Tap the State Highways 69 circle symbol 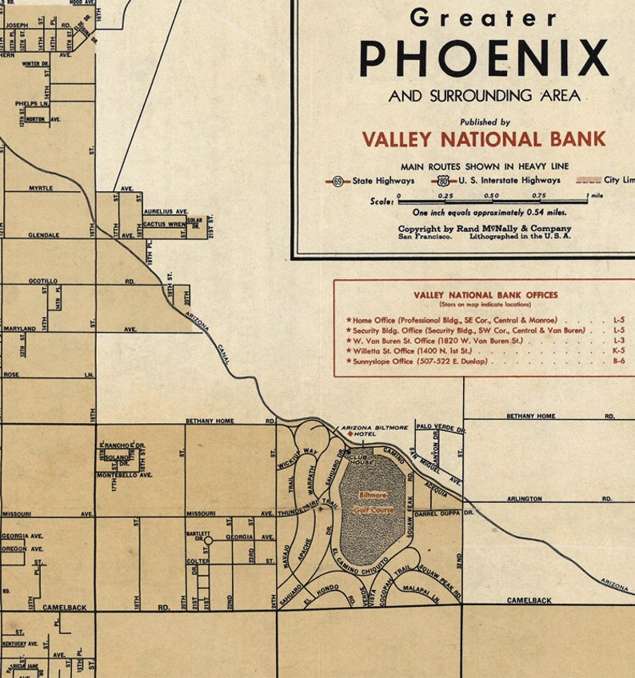point(338,181)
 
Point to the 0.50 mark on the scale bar point(491,197)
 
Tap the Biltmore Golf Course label point(373,501)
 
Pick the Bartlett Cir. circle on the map point(208,540)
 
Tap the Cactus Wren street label point(164,224)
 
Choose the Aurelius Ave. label point(164,212)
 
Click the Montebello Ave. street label point(124,475)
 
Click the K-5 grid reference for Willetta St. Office point(619,350)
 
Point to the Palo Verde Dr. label point(435,427)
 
